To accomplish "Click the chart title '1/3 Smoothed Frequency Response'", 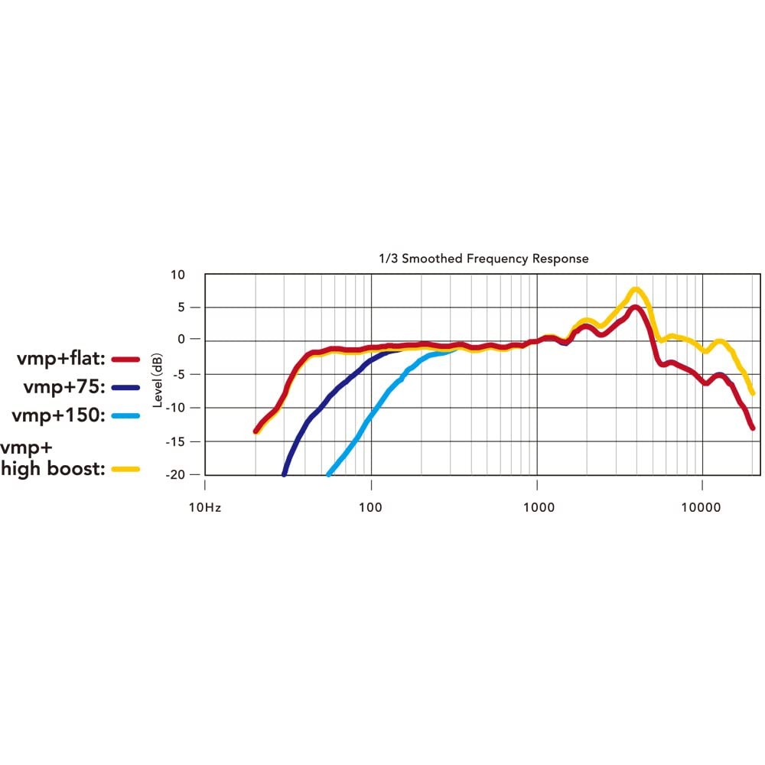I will tap(496, 259).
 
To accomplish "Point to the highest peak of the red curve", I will tap(636, 308).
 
